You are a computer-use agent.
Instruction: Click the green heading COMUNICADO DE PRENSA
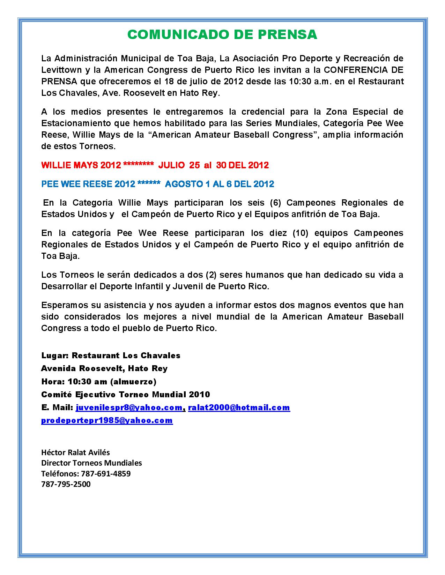[222, 34]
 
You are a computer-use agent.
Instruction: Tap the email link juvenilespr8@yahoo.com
[129, 407]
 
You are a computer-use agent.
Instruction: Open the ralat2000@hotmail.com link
[239, 407]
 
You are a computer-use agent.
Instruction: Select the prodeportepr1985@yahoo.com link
[107, 420]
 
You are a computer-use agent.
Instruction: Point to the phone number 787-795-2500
[66, 484]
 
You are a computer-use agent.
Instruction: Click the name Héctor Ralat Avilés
[75, 452]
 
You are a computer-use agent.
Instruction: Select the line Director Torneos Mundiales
[91, 463]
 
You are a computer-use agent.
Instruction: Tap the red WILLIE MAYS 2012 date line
[155, 165]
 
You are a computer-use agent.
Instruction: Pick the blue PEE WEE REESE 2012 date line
[157, 184]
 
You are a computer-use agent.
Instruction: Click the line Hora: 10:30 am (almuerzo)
[99, 381]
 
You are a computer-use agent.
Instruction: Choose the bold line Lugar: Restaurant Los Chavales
[111, 355]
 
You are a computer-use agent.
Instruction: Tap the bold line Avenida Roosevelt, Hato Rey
[104, 368]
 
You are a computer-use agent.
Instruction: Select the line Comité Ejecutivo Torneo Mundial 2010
[126, 394]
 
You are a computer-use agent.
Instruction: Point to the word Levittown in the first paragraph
[61, 70]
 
